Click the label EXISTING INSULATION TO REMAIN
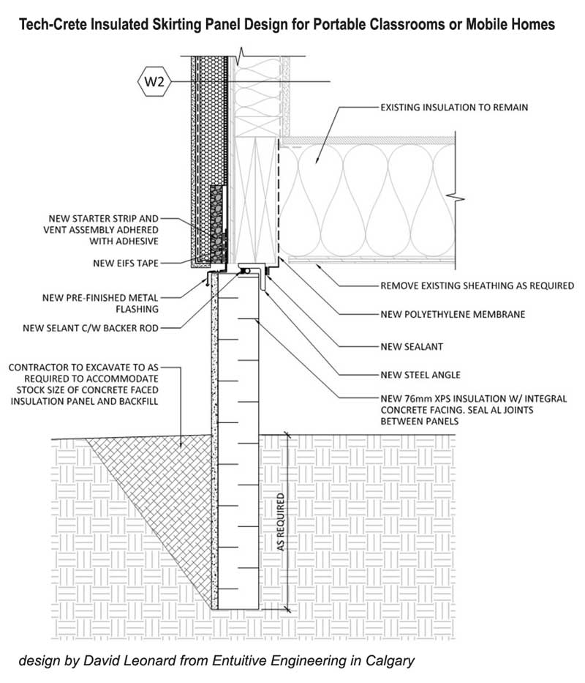coord(454,107)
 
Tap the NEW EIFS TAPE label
coord(120,263)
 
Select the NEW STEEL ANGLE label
coord(420,375)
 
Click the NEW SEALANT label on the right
coord(412,345)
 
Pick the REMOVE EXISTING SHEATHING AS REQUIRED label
coord(477,285)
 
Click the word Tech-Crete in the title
coord(50,25)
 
